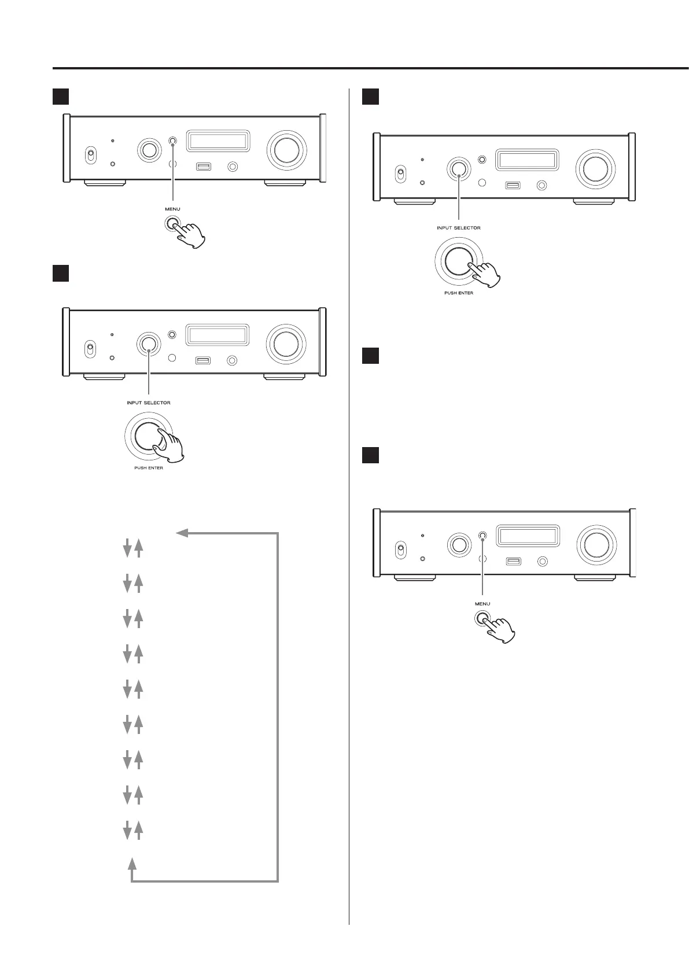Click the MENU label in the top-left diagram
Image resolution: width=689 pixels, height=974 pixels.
172,209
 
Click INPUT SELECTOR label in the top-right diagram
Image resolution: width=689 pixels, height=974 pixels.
458,228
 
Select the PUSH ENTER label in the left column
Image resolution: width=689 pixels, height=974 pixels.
149,468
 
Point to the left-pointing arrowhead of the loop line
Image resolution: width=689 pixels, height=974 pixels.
182,533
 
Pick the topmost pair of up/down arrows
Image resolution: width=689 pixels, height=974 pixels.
132,548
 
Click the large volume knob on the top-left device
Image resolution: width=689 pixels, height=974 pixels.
286,150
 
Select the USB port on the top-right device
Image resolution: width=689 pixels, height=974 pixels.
513,186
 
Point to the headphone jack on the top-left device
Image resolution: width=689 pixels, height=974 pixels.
233,167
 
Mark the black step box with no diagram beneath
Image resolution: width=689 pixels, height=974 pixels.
370,356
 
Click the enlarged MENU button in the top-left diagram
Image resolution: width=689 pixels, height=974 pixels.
172,224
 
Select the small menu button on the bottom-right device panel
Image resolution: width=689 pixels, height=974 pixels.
483,536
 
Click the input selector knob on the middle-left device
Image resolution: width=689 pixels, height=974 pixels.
149,344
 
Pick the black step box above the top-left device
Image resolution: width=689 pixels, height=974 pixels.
61,96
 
